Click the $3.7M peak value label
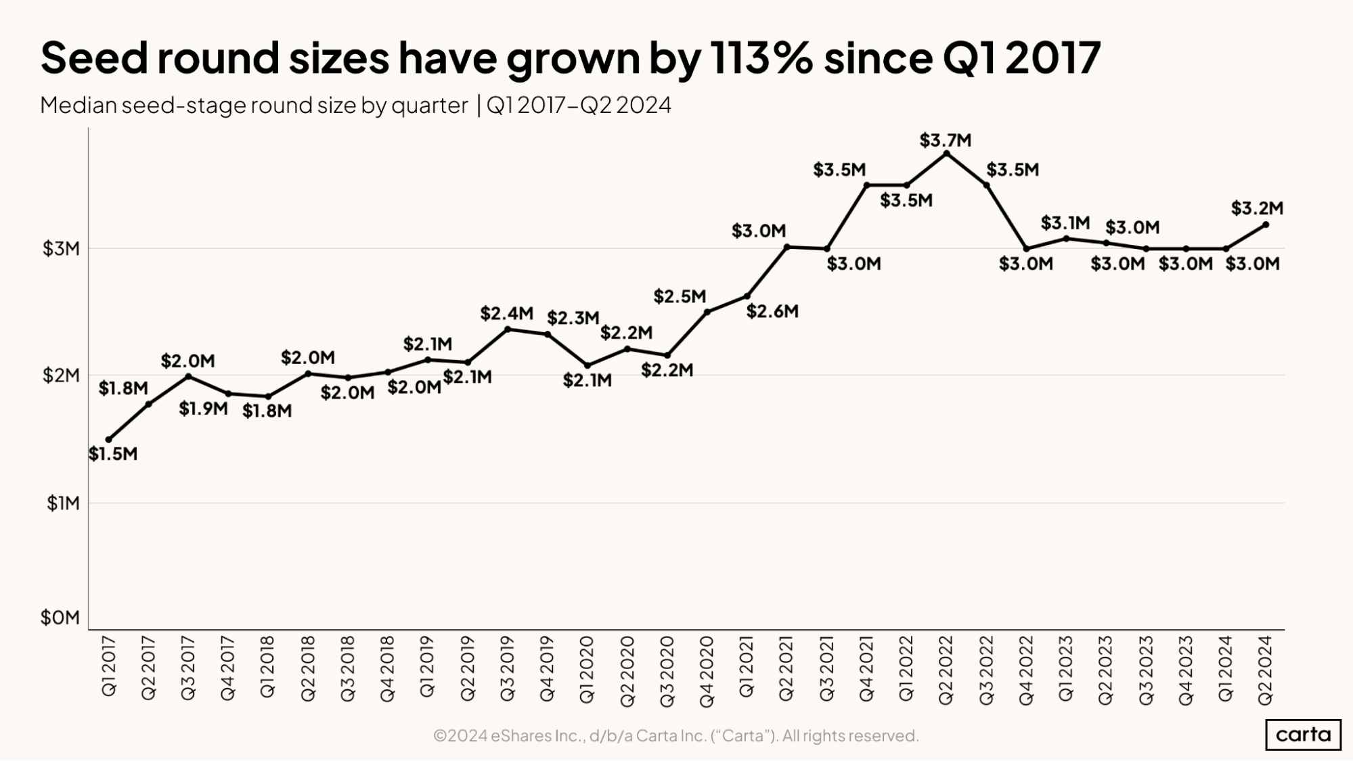point(945,141)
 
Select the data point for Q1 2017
point(109,440)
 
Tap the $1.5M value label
point(113,454)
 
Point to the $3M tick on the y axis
point(62,249)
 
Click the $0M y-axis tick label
point(60,618)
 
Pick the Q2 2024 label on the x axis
point(1265,670)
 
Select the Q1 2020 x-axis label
point(587,669)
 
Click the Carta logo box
point(1303,735)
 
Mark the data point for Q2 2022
point(946,154)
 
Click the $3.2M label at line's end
point(1257,208)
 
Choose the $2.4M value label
point(506,314)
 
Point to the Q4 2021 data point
point(866,185)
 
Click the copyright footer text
point(675,735)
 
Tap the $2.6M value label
point(772,312)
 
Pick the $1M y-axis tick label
point(63,503)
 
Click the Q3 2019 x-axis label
point(507,669)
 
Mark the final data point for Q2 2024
point(1266,225)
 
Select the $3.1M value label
point(1065,223)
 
